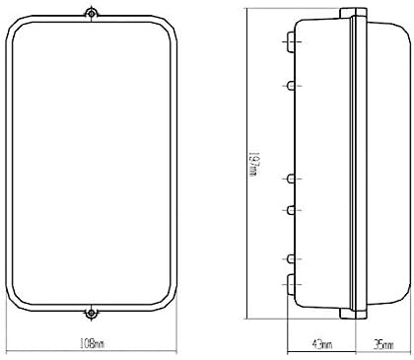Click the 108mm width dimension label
tap(92, 344)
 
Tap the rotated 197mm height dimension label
tap(254, 164)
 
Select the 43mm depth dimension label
tap(321, 344)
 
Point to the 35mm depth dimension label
tap(383, 344)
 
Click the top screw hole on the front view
tap(91, 14)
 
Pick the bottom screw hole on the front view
tap(91, 314)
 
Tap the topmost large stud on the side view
tap(291, 41)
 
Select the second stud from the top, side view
tap(291, 86)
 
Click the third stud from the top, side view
tap(291, 179)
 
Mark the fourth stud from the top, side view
tap(291, 210)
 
